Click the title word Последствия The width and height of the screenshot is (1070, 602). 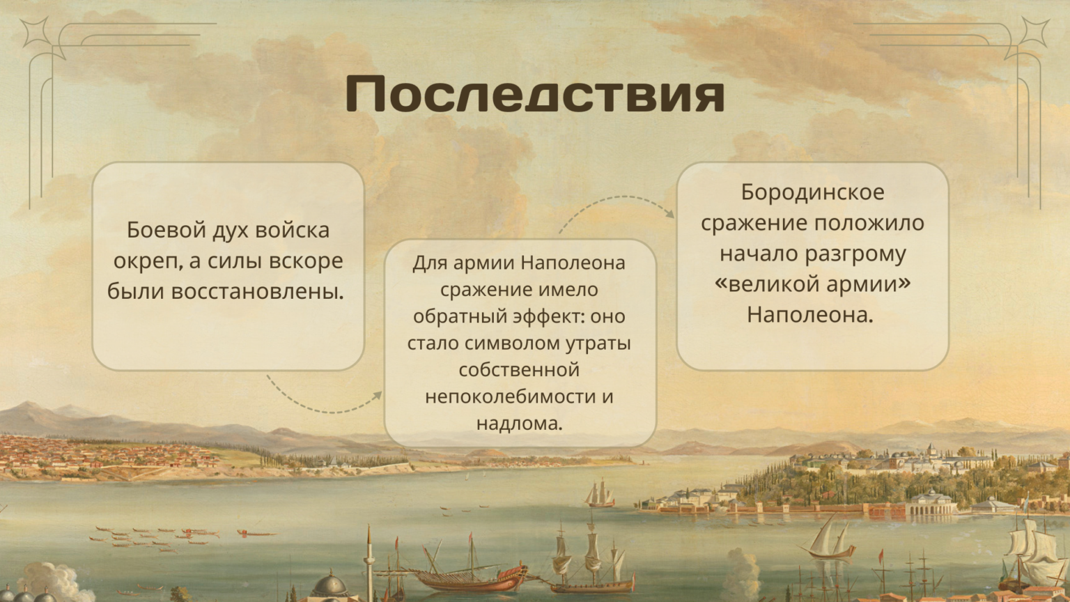point(535,93)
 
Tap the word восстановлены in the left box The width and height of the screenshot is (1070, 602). point(258,291)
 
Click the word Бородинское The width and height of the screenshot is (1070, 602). point(812,192)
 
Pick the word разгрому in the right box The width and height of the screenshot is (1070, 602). point(855,254)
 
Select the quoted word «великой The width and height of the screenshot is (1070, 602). point(768,284)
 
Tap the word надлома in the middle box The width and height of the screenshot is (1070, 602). point(519,424)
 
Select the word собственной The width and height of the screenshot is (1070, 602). point(519,370)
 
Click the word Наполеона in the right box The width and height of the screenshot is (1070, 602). point(810,316)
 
